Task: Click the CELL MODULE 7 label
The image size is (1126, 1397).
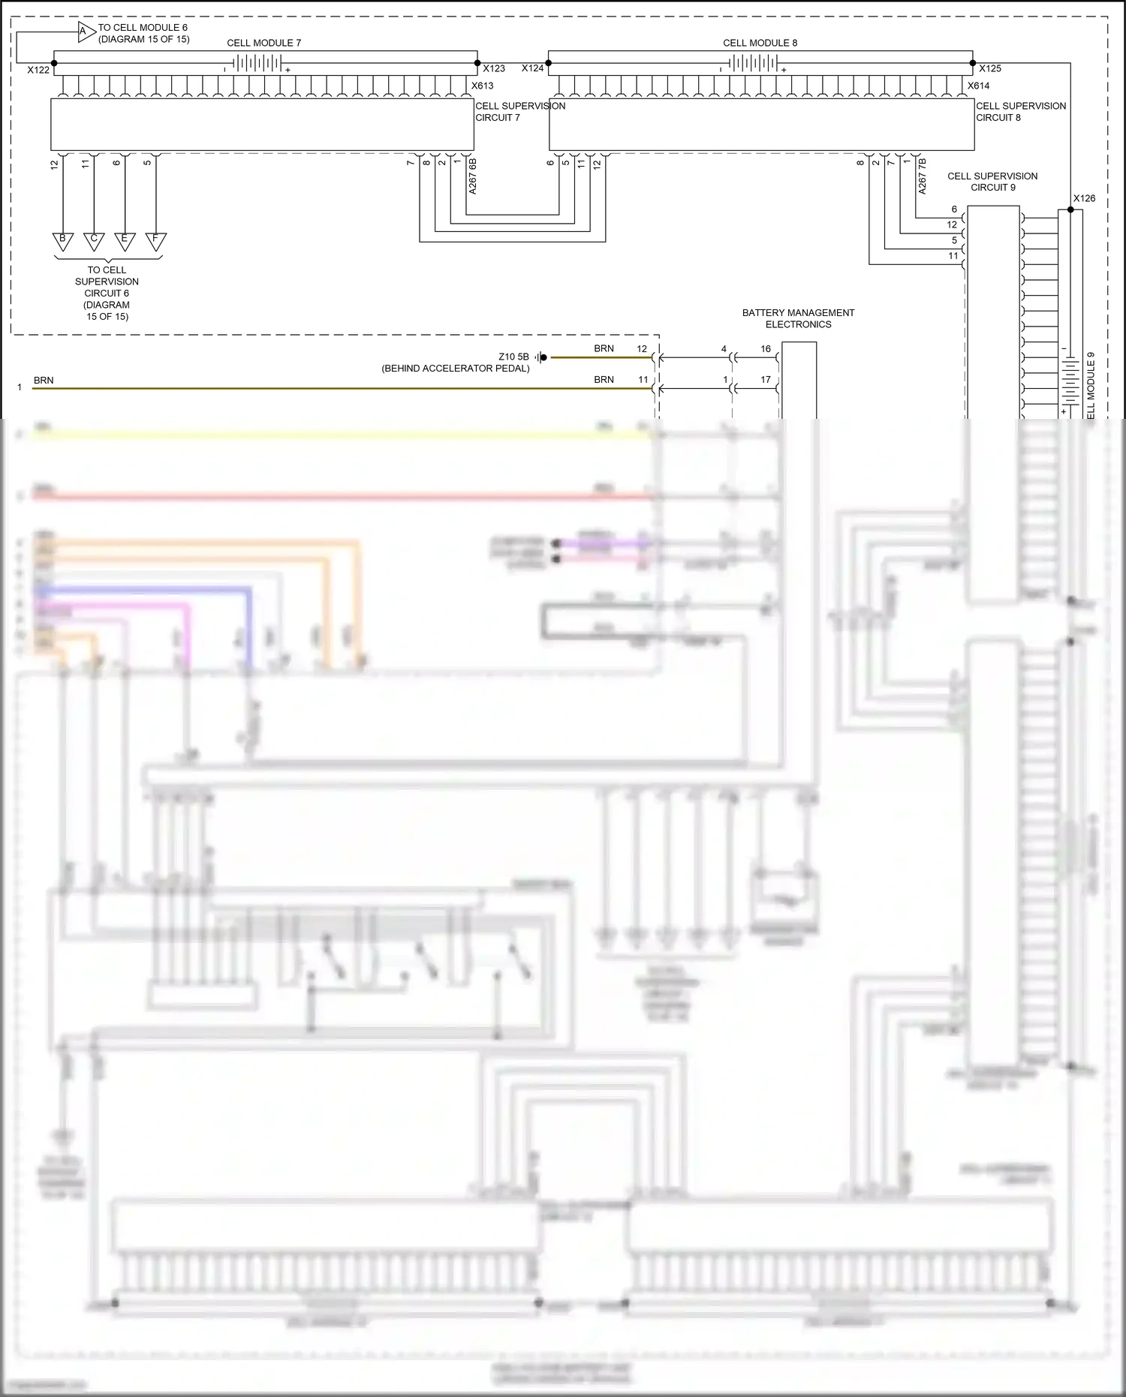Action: pos(263,43)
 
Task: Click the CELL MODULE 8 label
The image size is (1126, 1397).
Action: pos(760,43)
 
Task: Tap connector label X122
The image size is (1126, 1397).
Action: pos(38,70)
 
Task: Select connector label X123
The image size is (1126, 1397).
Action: pos(493,68)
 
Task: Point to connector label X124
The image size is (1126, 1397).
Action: pos(532,68)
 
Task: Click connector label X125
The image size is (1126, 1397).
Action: pos(989,68)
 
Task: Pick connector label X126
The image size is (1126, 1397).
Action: pos(1084,198)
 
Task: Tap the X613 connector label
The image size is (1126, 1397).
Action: pos(482,86)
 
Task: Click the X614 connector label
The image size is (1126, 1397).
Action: pos(978,86)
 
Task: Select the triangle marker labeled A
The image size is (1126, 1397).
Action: pos(85,32)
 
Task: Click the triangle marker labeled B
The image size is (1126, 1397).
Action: pos(63,240)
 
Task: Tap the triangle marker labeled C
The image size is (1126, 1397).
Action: pos(94,240)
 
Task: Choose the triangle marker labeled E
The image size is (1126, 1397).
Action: pos(125,240)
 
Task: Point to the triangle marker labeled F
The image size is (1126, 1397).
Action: pos(155,240)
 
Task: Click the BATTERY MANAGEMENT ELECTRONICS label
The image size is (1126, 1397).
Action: pos(798,318)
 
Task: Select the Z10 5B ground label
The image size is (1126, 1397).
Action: pos(513,357)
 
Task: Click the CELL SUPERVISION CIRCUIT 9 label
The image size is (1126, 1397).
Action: pos(992,182)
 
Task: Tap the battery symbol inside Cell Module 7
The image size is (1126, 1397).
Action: pos(256,64)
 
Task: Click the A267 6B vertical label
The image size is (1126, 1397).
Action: pos(473,176)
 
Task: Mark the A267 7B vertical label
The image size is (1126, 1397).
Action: pos(923,176)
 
